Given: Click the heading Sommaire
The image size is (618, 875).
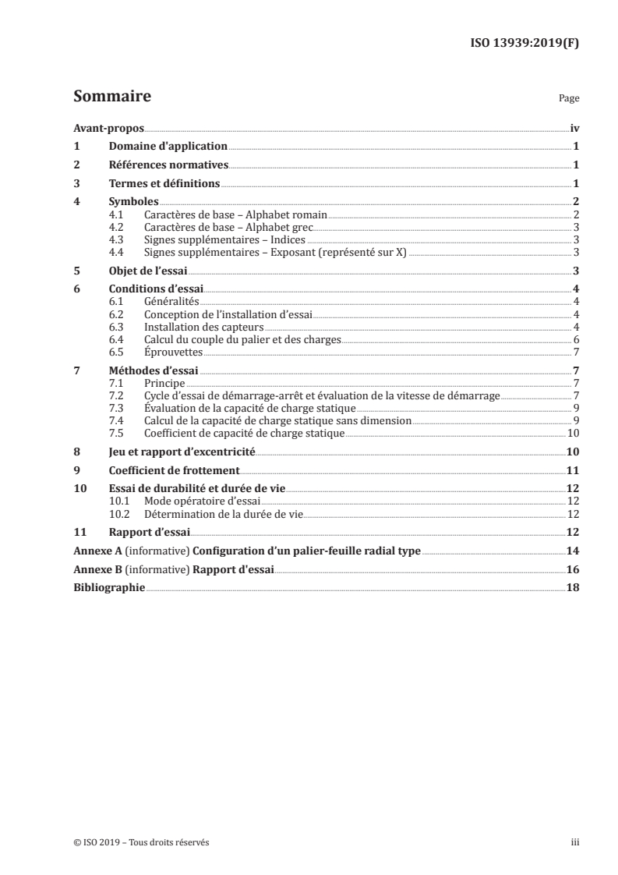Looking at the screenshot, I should (x=111, y=97).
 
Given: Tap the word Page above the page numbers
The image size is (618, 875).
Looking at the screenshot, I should (x=569, y=100).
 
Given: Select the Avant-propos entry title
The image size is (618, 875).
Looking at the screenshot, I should (x=108, y=128).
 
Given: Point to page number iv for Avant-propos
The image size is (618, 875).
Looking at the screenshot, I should (x=574, y=128).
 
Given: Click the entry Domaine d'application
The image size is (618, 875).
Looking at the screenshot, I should (x=167, y=147).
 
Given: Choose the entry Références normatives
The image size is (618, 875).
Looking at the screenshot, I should (x=167, y=165).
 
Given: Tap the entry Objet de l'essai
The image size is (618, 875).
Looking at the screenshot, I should (x=146, y=271).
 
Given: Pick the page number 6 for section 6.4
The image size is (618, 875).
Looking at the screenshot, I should (x=575, y=339).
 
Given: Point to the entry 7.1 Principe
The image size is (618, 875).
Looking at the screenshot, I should (x=164, y=383).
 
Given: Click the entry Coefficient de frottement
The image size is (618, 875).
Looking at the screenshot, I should (x=173, y=470).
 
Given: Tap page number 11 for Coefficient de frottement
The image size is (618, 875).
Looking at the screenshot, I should (x=572, y=470).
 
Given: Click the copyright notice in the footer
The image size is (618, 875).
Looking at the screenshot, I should (x=141, y=842).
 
